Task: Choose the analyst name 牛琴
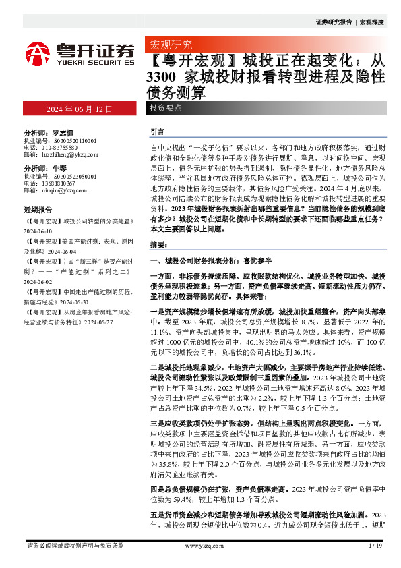[x=59, y=168]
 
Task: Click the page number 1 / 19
[x=375, y=545]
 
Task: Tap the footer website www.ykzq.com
[x=200, y=545]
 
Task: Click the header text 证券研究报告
[x=334, y=22]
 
